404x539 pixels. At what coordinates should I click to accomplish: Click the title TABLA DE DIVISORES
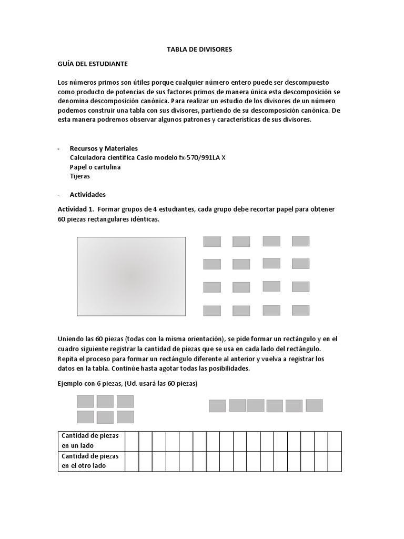(x=199, y=49)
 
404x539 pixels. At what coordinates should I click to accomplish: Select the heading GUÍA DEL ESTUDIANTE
(x=93, y=64)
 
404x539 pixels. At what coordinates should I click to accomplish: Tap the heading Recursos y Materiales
(x=104, y=148)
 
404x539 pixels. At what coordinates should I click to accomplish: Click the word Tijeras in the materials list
(x=80, y=176)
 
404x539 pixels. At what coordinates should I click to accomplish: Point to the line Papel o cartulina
(x=95, y=167)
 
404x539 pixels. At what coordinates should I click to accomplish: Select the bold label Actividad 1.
(x=76, y=209)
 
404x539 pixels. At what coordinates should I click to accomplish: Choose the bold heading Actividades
(x=88, y=194)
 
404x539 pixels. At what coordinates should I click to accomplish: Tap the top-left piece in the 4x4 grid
(x=212, y=242)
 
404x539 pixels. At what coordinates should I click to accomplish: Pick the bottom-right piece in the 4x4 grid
(x=300, y=310)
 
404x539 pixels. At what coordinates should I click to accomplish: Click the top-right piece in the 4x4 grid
(x=300, y=241)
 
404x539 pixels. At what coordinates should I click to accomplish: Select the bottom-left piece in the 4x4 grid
(x=212, y=311)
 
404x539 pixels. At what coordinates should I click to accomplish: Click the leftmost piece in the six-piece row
(x=218, y=406)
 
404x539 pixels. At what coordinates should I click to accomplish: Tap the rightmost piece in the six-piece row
(x=314, y=405)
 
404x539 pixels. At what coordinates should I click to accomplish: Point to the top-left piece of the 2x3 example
(x=85, y=401)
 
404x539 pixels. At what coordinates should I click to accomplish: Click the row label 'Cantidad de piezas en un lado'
(x=90, y=441)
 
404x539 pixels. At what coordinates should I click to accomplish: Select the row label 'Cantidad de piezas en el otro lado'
(x=90, y=461)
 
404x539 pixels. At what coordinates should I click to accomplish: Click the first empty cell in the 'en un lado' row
(x=132, y=441)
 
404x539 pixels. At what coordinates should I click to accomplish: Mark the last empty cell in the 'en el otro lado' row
(x=335, y=462)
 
